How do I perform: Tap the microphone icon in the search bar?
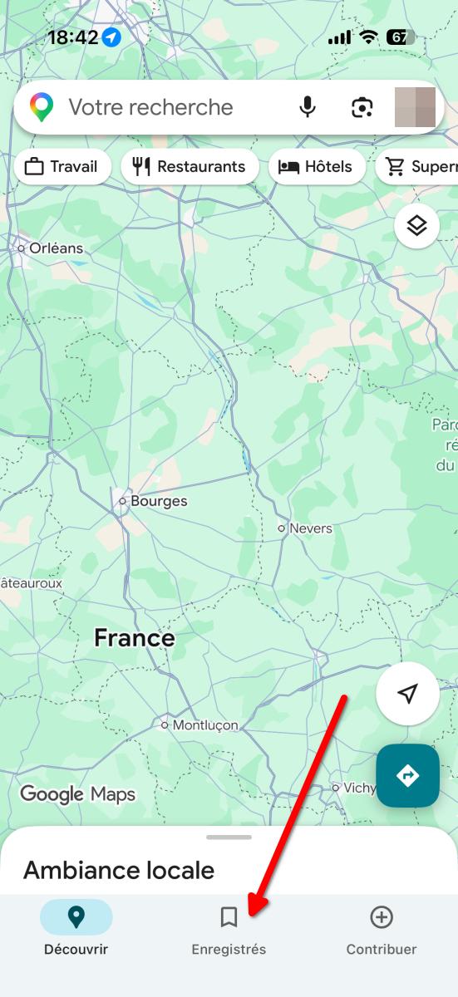click(x=308, y=107)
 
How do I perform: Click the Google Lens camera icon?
click(x=361, y=107)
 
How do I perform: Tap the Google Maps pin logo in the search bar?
click(x=42, y=107)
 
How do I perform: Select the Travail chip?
click(x=62, y=167)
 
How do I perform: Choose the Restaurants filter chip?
click(x=190, y=167)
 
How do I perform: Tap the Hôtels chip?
click(x=317, y=167)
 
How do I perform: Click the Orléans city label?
click(x=56, y=248)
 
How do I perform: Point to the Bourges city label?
click(x=158, y=501)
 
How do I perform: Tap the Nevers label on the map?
click(x=310, y=528)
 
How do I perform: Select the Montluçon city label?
click(x=204, y=725)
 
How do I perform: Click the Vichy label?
click(x=358, y=787)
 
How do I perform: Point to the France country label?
click(x=135, y=638)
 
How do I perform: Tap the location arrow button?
click(x=407, y=694)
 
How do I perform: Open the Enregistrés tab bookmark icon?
click(x=229, y=917)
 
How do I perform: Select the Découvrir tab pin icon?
click(x=76, y=917)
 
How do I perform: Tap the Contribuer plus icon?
click(x=382, y=917)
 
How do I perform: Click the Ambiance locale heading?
click(x=119, y=870)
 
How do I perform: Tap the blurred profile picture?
click(x=415, y=107)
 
